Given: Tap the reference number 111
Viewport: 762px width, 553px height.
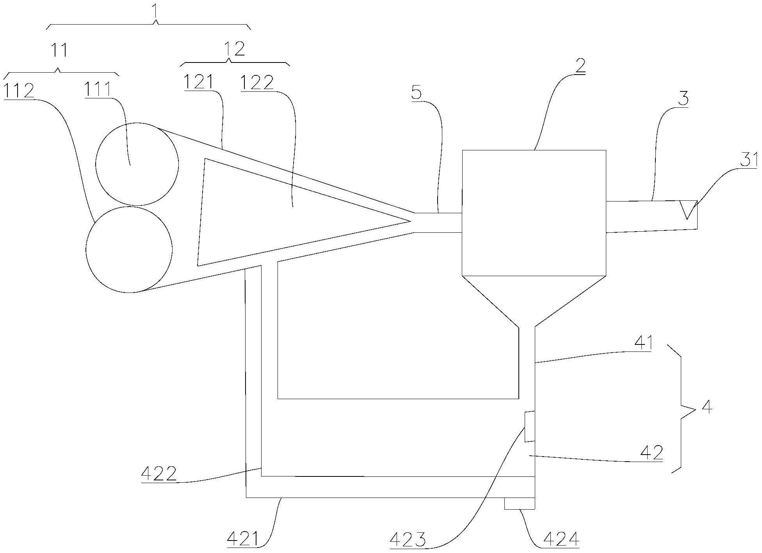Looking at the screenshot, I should coord(97,89).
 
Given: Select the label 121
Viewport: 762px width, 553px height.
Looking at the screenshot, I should coord(199,82).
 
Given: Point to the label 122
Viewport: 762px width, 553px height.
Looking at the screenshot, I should coord(257,83).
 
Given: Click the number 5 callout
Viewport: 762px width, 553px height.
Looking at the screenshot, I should coord(417,93).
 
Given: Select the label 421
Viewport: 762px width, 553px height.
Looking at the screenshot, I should coord(243,539).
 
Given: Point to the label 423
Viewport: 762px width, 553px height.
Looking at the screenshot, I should coord(408,541).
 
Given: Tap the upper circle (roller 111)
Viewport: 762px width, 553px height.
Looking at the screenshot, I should coord(137,164).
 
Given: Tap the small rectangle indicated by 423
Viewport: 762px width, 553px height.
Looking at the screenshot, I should coord(529,426).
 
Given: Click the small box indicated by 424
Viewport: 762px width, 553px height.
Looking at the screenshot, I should coord(519,504).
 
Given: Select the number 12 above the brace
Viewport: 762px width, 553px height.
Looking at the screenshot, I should coord(234,49).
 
